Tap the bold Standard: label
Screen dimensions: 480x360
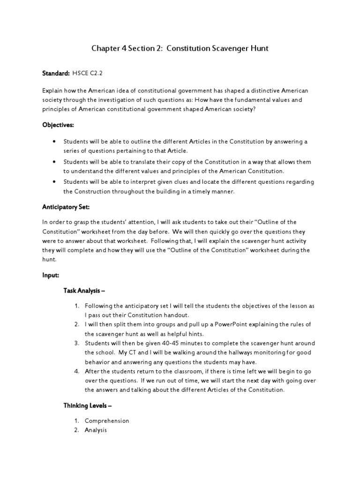coord(56,74)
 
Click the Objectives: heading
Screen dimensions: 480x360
coord(58,125)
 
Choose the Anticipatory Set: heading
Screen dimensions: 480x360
coord(66,207)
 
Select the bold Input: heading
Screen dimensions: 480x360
coord(51,276)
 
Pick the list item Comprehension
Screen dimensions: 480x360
coord(107,420)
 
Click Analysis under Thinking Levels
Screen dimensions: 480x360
coord(96,430)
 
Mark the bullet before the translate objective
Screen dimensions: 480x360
coord(55,162)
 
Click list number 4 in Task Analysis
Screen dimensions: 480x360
coord(76,371)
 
